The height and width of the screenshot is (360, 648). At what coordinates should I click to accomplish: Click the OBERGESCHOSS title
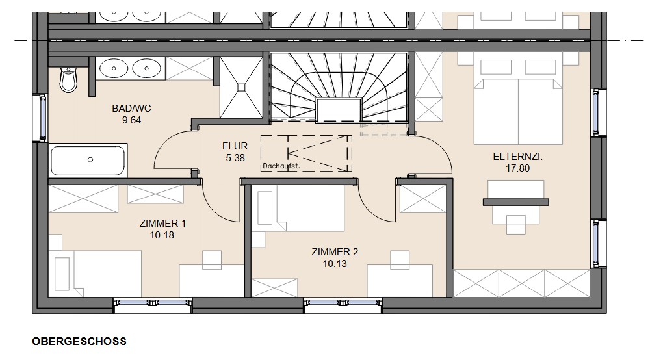point(79,341)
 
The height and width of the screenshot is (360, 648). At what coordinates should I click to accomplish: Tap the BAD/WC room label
point(131,109)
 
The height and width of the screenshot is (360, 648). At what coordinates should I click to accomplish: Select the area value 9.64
point(131,120)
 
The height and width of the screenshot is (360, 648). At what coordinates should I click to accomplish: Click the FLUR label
point(235,146)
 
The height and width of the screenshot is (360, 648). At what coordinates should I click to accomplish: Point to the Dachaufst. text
point(281,166)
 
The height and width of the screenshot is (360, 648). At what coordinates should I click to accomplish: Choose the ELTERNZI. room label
point(517,157)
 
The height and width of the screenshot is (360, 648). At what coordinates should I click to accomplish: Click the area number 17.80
point(517,168)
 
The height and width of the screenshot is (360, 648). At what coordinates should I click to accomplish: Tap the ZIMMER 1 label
point(162,224)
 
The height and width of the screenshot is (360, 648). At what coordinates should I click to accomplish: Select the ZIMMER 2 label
point(335,251)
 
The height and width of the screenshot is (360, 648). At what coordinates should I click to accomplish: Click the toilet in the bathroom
point(68,79)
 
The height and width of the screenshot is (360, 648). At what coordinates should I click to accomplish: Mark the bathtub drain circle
point(90,160)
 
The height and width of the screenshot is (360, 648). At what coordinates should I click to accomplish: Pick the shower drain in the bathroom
point(241,87)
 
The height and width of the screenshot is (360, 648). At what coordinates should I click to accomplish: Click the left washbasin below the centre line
point(114,68)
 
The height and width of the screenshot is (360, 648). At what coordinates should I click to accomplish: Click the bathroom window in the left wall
point(42,118)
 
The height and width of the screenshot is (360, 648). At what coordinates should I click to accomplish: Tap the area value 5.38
point(235,157)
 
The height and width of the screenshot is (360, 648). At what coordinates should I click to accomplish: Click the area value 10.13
point(335,264)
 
